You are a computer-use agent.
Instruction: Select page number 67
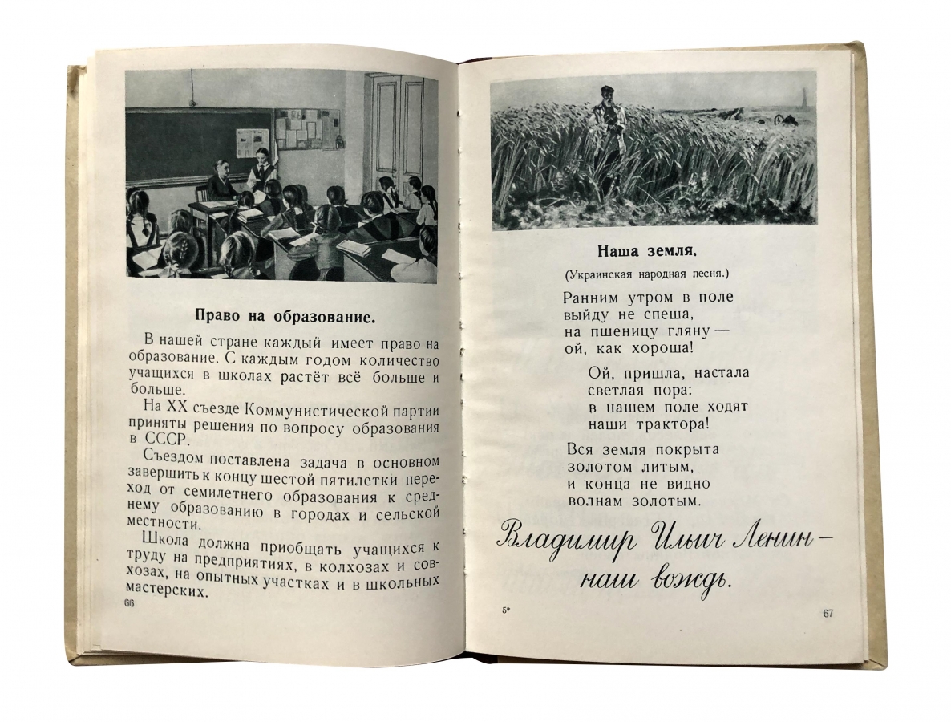point(828,614)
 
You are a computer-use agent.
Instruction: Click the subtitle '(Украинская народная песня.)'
point(651,274)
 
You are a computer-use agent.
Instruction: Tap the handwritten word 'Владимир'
point(555,538)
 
